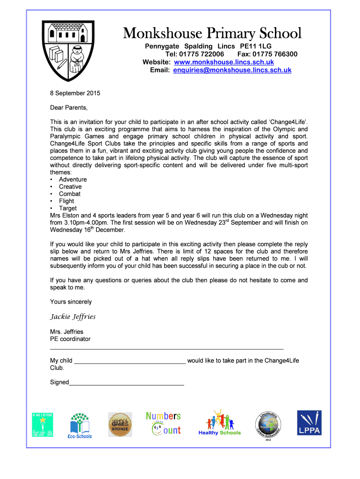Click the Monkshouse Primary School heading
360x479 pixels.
click(212, 33)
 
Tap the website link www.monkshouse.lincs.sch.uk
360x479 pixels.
click(223, 62)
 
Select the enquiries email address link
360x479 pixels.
click(232, 70)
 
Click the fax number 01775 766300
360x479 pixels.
click(274, 54)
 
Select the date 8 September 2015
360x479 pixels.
click(75, 93)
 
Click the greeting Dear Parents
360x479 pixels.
click(69, 108)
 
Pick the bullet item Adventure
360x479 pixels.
click(72, 180)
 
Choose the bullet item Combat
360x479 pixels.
click(70, 194)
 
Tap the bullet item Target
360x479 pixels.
click(68, 208)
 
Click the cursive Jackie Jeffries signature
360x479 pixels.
click(72, 317)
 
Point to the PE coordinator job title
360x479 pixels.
click(70, 339)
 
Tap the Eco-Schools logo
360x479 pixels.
click(80, 426)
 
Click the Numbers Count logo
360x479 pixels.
click(163, 423)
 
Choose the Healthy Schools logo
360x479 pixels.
click(219, 423)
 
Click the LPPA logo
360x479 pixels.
click(309, 423)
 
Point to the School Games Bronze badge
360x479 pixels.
click(120, 424)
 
